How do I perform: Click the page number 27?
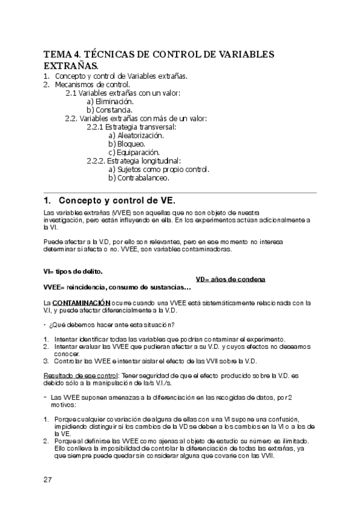click(x=47, y=479)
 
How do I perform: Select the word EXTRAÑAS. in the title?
click(x=71, y=66)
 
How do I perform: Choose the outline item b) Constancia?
click(x=109, y=110)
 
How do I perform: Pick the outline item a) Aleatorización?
click(x=136, y=136)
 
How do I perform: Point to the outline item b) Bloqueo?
click(x=127, y=144)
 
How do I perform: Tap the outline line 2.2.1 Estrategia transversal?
click(x=131, y=127)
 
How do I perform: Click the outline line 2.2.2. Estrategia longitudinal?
click(x=133, y=161)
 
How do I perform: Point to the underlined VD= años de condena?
click(x=231, y=280)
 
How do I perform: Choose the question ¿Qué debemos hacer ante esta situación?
click(x=111, y=325)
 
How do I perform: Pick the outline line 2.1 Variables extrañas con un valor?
click(x=123, y=93)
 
